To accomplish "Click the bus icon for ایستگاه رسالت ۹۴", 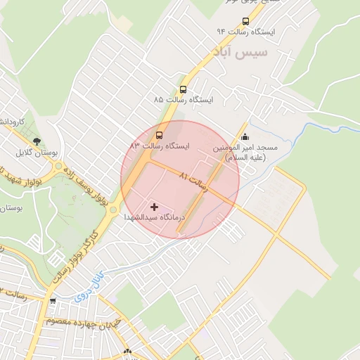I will pos(245,21).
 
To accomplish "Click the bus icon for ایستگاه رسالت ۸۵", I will pos(183,89).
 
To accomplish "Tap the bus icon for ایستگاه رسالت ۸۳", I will pos(159,134).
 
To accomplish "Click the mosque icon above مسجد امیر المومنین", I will pos(244,136).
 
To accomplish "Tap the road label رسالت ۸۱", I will pos(193,181).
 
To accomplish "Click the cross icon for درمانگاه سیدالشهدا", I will pos(155,207).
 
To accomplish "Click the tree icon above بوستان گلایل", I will pos(37,141).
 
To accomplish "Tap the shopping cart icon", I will pos(52,302).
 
